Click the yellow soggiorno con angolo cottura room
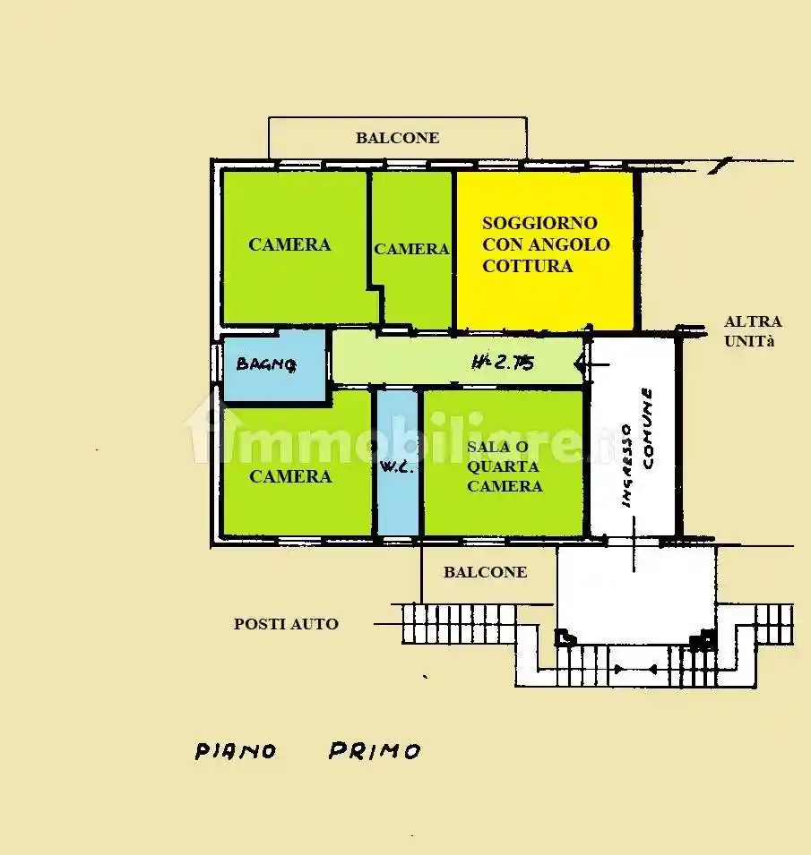coord(545,251)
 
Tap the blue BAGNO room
coord(274,365)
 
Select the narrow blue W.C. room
coord(398,463)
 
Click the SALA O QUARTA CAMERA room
coord(504,463)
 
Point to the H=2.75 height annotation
coord(503,362)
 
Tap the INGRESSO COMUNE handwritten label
coord(637,448)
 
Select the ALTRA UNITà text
coord(753,331)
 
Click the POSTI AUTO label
coord(286,624)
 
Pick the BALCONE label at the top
coord(397,138)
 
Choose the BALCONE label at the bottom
coord(485,572)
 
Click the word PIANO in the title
coord(236,751)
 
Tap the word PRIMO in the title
coord(375,751)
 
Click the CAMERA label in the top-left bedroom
coord(289,244)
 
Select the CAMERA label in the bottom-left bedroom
coord(290,476)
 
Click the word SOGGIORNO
coord(539,223)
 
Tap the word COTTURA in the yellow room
coord(527,266)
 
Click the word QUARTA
coord(503,466)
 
